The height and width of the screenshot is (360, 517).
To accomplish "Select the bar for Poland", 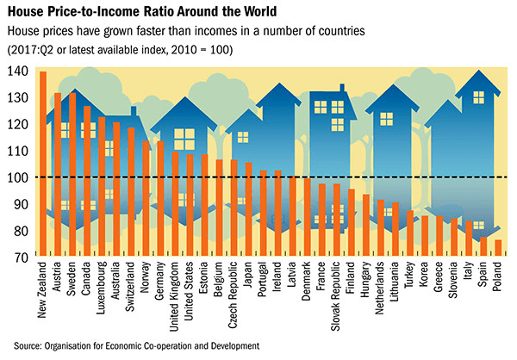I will pos(498,247).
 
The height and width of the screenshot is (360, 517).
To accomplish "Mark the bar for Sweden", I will pos(72,173).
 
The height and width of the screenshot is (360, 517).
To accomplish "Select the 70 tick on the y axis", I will pos(19,257).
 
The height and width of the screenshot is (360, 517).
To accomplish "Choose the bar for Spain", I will pos(483,245).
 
